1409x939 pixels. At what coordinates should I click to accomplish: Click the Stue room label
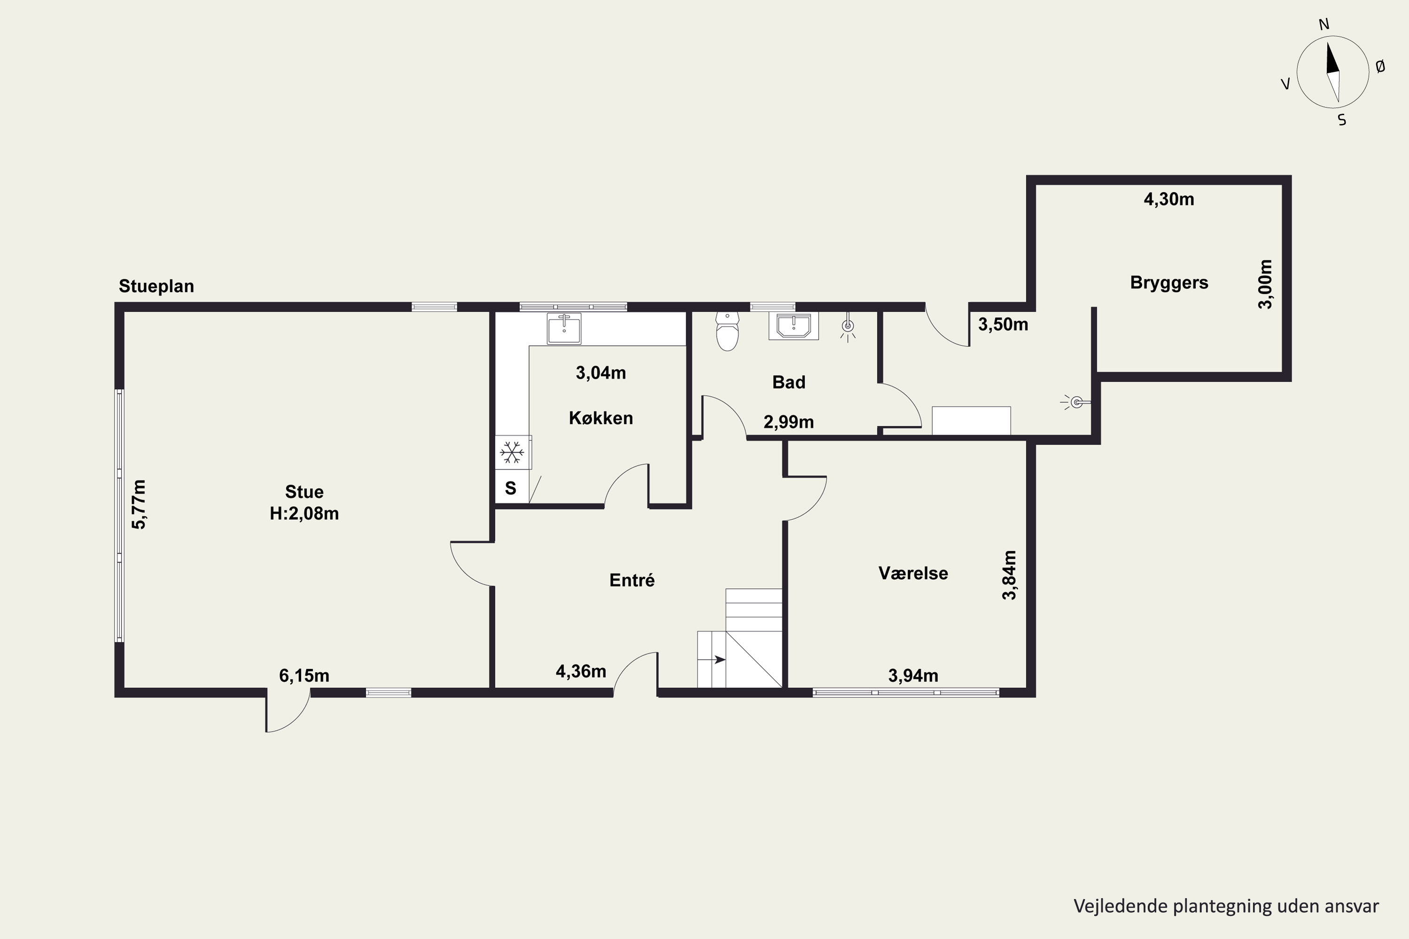click(x=304, y=492)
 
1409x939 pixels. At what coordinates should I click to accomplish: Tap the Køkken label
click(x=601, y=418)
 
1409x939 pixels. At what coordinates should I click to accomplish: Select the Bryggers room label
click(x=1169, y=283)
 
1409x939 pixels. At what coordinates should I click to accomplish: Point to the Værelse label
click(x=913, y=573)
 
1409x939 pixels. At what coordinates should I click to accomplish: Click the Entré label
click(x=632, y=580)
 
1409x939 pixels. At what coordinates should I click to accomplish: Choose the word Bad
click(x=789, y=382)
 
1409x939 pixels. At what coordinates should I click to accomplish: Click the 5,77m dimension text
click(x=139, y=504)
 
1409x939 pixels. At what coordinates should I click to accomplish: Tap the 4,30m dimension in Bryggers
click(x=1169, y=200)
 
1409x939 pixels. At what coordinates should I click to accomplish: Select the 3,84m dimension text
click(x=1009, y=575)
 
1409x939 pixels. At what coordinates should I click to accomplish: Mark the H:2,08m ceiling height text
click(x=304, y=513)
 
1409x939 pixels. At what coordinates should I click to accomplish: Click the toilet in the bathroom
click(x=727, y=331)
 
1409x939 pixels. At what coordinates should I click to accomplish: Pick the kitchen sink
click(x=564, y=329)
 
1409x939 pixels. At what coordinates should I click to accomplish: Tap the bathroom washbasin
click(x=794, y=326)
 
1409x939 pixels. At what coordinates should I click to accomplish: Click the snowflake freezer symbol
click(x=511, y=452)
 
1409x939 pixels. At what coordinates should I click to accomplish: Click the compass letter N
click(x=1324, y=24)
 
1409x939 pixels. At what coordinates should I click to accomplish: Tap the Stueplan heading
click(x=156, y=286)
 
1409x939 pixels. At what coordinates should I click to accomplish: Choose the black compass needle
click(x=1331, y=59)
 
